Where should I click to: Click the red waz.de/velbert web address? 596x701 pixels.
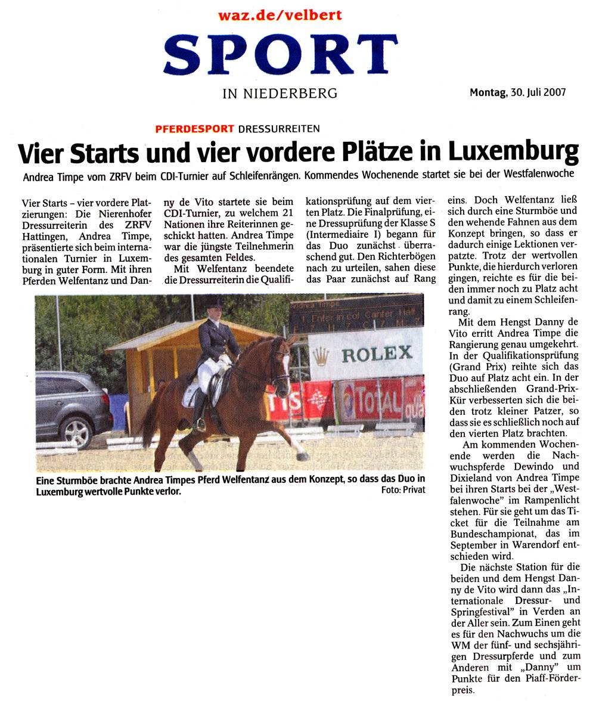(280, 15)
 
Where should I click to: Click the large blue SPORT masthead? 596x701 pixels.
(280, 55)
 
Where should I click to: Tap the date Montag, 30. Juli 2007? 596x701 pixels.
(517, 92)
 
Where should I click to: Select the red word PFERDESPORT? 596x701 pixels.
(194, 128)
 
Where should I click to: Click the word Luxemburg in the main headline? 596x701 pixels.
(513, 152)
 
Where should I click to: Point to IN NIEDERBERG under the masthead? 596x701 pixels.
(280, 93)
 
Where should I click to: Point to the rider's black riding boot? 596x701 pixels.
(200, 411)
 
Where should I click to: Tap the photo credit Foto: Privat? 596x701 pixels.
(403, 490)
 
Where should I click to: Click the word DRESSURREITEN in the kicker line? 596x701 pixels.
(279, 128)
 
